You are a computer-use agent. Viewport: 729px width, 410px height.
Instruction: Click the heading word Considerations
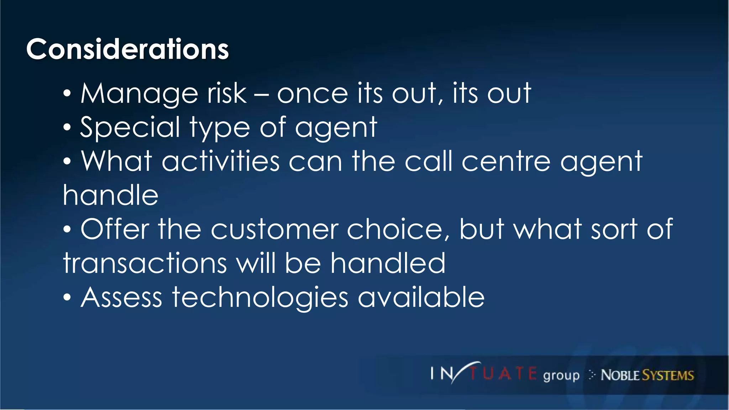(127, 49)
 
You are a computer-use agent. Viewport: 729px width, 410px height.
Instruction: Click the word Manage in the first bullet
(139, 94)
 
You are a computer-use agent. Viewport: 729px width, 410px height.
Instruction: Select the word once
(312, 94)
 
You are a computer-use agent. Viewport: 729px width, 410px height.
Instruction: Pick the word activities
(221, 162)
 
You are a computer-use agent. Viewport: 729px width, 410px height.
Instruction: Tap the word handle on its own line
(110, 195)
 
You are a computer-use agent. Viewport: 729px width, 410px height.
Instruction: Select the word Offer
(115, 229)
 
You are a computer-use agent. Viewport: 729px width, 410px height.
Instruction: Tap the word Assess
(121, 297)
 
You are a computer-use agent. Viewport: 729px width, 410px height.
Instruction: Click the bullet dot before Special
(67, 128)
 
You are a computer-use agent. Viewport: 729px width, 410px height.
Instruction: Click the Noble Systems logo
(647, 375)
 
